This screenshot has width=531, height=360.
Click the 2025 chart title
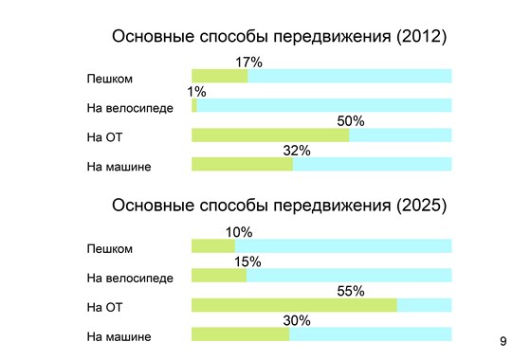point(279,206)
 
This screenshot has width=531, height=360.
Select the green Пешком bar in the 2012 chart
point(219,77)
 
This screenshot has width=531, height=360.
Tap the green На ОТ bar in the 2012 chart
point(270,135)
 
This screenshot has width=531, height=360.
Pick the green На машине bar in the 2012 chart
point(242,165)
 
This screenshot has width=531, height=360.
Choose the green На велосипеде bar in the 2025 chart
point(219,276)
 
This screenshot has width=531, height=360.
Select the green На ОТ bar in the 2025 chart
point(294,306)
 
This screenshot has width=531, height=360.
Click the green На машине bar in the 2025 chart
point(240,334)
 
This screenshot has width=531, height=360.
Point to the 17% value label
point(248,62)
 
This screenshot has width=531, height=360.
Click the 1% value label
point(196,92)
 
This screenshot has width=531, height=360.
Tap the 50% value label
point(350,121)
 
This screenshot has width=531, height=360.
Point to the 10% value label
point(239,232)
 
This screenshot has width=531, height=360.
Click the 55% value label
point(350,291)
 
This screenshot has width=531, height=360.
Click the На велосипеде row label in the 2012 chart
point(130,107)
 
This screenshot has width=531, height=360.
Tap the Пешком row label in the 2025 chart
point(109,248)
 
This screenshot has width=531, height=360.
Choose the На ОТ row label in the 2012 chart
point(105,136)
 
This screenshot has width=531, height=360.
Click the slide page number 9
point(503,339)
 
